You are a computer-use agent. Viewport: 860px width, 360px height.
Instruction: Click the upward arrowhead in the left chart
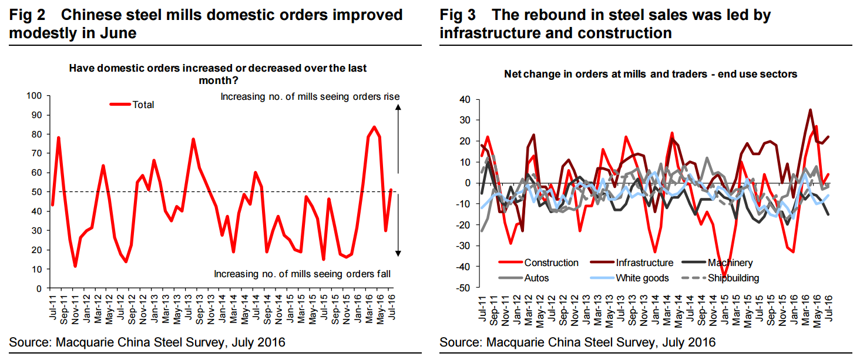398,107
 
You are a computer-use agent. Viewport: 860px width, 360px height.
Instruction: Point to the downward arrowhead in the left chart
398,253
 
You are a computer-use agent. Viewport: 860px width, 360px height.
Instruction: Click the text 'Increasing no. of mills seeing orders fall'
301,274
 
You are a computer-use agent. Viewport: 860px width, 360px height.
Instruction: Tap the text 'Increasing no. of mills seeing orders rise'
310,96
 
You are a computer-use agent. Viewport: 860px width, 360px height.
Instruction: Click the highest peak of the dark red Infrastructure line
811,109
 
